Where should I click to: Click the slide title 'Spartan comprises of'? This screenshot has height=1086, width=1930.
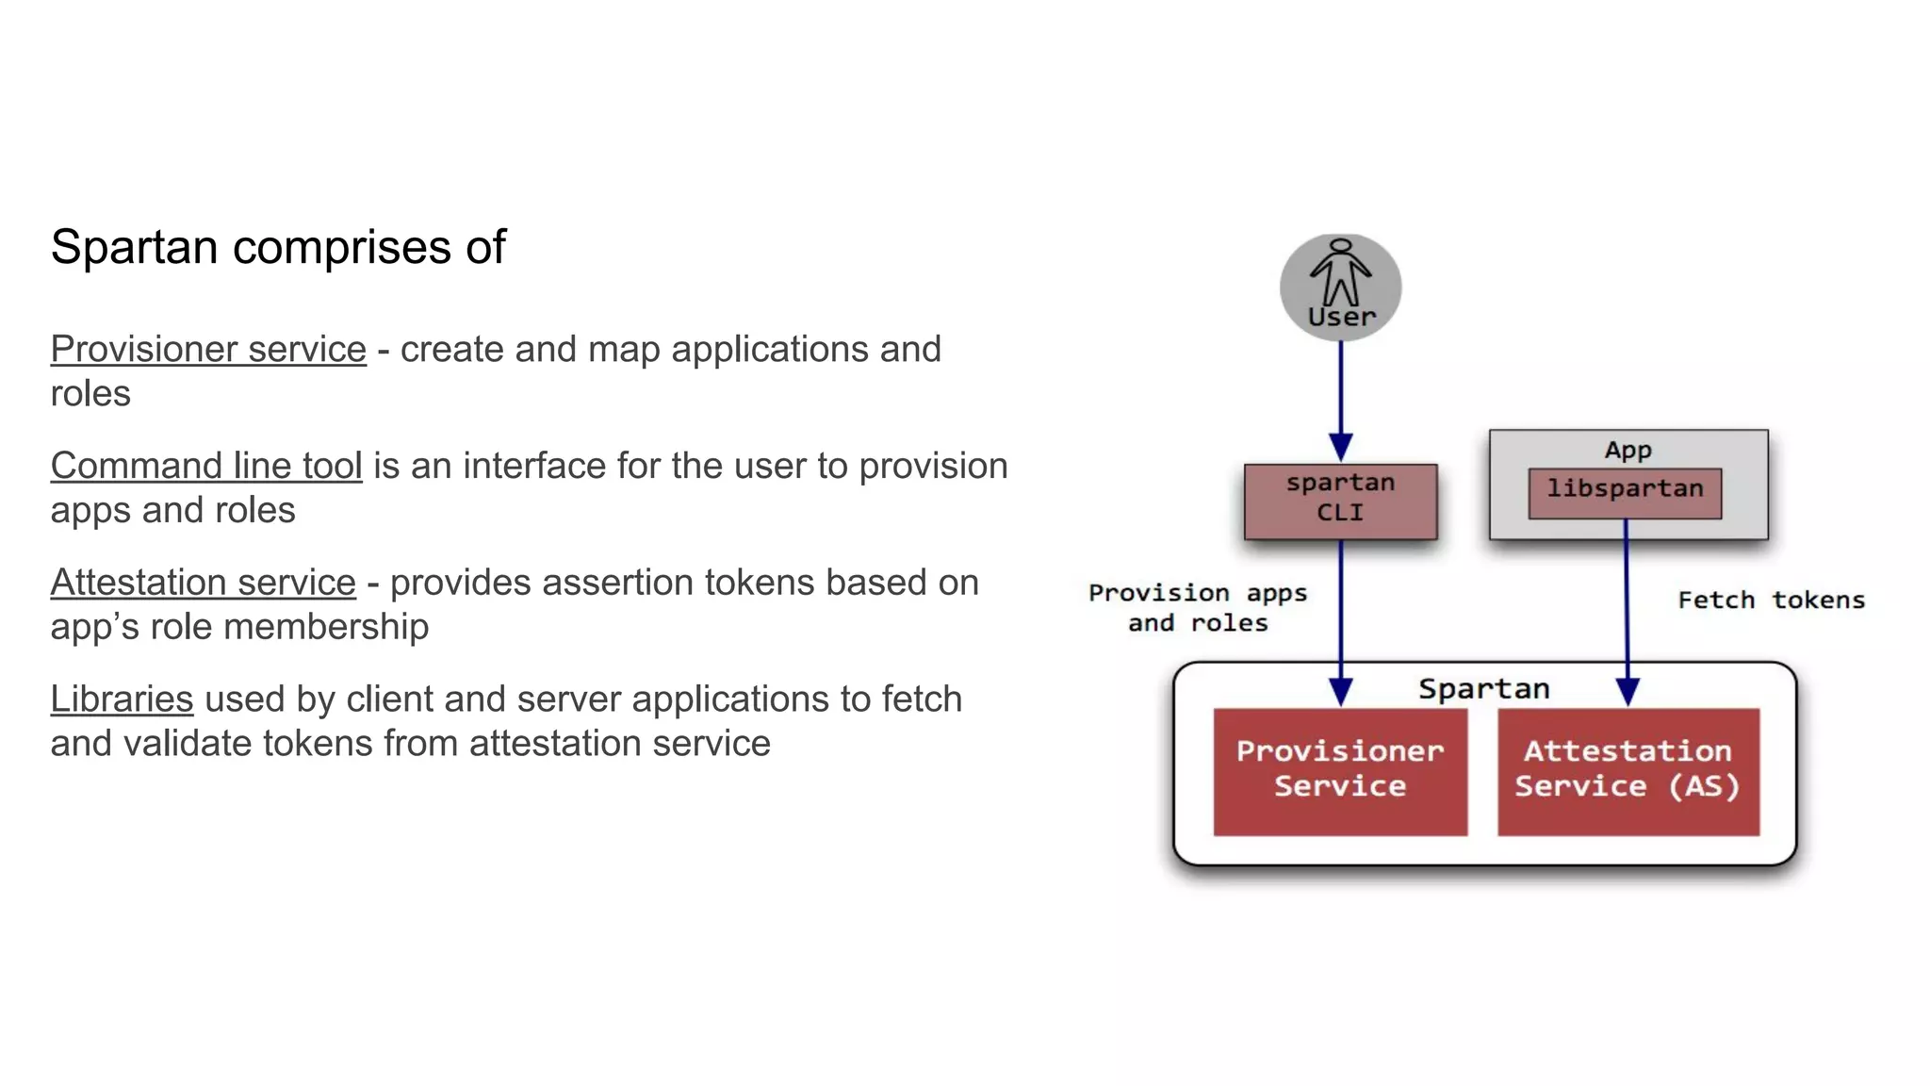click(x=278, y=248)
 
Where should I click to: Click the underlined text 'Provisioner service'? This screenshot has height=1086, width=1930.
click(x=208, y=350)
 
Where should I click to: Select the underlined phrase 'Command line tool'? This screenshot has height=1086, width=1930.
click(x=206, y=467)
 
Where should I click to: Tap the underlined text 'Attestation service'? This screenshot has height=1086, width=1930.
click(x=203, y=583)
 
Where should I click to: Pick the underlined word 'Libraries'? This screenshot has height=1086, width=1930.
click(x=122, y=699)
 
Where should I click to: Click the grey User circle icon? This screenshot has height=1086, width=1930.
click(x=1340, y=286)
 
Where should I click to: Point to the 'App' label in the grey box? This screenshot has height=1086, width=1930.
click(x=1627, y=450)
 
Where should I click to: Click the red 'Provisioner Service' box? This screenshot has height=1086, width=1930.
click(x=1339, y=770)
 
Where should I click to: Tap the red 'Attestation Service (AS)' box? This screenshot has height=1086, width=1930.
click(x=1627, y=770)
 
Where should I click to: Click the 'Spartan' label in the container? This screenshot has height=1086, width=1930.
click(x=1483, y=689)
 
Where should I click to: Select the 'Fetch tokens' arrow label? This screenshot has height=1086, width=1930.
click(x=1771, y=601)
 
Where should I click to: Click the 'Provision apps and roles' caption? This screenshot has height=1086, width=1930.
click(x=1198, y=608)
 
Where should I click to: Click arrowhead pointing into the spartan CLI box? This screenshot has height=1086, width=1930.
click(x=1340, y=447)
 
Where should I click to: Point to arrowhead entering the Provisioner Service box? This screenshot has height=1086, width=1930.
click(x=1340, y=691)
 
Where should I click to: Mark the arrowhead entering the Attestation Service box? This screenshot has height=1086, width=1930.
click(x=1627, y=691)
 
